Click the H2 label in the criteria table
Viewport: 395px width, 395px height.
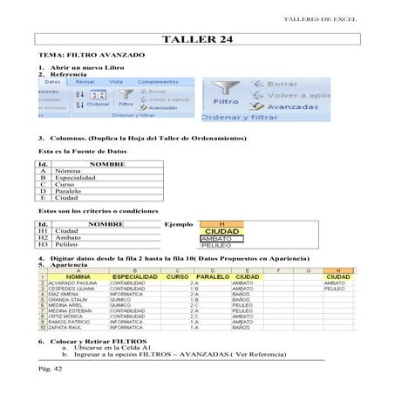pos(43,237)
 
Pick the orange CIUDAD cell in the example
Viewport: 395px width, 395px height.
pos(221,231)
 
